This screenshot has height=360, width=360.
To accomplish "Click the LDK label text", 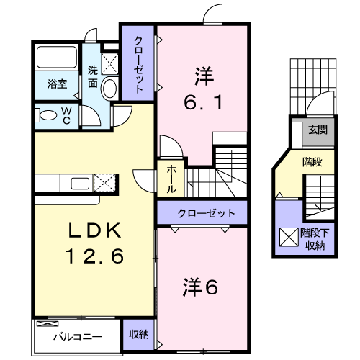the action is click(x=95, y=230).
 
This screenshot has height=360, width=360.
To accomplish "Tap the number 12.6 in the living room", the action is click(x=95, y=256).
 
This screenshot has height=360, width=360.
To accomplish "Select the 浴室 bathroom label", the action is click(x=57, y=84).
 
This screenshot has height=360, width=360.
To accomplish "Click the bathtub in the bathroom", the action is click(x=57, y=58).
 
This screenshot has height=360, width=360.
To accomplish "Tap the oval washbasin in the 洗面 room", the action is click(x=110, y=88).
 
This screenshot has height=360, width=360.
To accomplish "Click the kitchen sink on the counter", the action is click(x=80, y=184).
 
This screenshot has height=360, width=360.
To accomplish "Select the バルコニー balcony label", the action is click(x=78, y=337).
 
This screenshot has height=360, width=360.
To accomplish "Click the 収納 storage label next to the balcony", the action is click(x=139, y=334).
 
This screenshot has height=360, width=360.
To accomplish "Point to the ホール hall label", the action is click(x=171, y=179).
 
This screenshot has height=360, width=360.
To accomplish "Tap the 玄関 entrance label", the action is click(x=318, y=130).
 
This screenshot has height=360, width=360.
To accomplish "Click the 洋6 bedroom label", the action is click(x=201, y=287).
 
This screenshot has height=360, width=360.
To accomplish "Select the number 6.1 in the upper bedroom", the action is click(x=203, y=102).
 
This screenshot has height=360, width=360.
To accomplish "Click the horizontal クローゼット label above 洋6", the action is click(x=206, y=213).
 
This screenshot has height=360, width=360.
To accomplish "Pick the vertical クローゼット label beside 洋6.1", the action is click(x=138, y=64).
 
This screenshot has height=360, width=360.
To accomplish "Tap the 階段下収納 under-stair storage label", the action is click(x=315, y=239).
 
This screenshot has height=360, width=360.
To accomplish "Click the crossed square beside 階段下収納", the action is click(x=289, y=237).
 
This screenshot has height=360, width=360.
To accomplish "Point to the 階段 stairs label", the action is click(x=312, y=162).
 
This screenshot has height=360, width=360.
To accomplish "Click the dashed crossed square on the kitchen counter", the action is click(x=104, y=183).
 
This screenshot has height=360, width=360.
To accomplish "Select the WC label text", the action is click(x=66, y=116).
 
